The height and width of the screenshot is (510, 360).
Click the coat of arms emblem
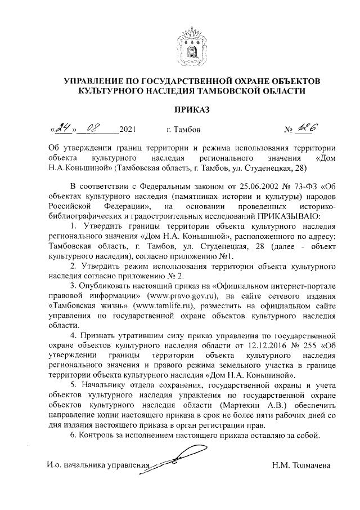click(x=180, y=42)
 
